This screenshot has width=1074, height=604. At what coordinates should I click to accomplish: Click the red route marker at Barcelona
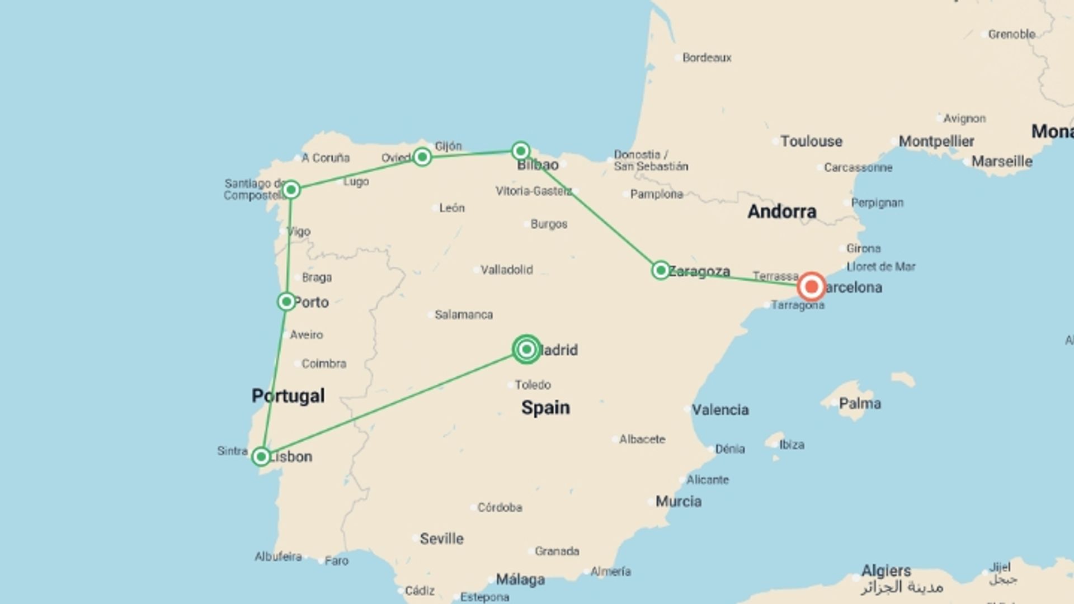811,287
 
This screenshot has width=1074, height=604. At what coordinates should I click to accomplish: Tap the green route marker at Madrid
526,350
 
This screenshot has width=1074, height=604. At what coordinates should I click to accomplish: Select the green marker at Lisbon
261,456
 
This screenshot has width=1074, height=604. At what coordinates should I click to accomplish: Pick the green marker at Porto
286,302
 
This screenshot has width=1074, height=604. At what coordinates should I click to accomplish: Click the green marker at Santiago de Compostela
291,190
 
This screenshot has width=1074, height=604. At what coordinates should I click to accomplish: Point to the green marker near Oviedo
422,157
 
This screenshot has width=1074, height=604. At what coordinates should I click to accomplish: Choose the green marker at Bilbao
521,151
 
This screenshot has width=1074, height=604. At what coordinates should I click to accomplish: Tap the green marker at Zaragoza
661,271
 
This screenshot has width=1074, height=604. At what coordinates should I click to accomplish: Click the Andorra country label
781,211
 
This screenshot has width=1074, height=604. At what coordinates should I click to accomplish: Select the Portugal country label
288,396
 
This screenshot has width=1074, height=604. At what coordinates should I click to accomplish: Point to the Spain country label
545,408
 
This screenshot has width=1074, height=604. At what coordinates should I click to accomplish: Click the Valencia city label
720,410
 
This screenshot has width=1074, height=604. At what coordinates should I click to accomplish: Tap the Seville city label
441,539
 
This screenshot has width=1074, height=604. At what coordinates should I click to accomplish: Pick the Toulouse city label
811,141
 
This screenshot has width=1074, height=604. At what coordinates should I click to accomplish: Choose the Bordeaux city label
706,58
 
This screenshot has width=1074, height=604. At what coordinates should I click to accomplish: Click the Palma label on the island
860,404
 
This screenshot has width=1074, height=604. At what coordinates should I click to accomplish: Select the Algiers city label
886,571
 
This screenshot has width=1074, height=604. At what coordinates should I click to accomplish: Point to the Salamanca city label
464,315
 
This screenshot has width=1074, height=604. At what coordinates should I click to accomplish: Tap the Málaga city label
520,580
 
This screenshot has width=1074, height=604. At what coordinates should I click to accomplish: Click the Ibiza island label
792,445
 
